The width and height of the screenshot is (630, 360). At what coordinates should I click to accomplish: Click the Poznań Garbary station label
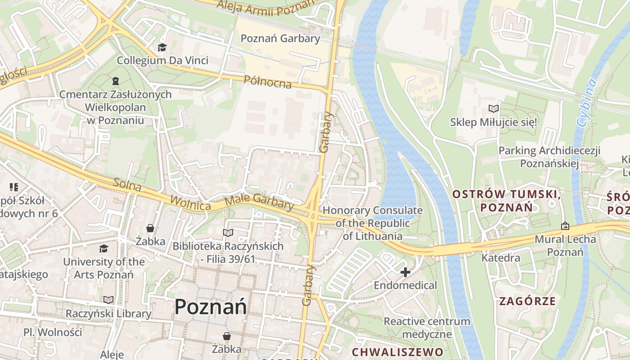280,38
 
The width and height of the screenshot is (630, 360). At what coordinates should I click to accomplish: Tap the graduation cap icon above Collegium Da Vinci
162,47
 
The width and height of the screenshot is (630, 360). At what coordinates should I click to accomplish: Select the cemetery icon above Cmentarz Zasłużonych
115,81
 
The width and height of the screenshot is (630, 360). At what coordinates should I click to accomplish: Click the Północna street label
267,82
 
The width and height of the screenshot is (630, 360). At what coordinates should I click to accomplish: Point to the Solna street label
127,185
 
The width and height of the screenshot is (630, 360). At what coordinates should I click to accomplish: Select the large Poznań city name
211,307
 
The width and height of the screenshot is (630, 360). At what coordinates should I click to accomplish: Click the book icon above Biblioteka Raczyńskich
228,233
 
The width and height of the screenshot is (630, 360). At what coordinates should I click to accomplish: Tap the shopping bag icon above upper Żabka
150,228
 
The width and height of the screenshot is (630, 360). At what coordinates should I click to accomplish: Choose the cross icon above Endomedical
405,272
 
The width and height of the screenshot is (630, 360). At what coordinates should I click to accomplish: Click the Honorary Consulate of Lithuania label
373,223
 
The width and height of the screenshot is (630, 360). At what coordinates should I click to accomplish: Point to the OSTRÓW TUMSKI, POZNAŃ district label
507,201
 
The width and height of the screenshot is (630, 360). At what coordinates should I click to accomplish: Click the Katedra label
501,258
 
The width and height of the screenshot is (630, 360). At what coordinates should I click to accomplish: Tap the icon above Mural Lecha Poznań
565,226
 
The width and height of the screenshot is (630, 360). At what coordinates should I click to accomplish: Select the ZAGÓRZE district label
527,301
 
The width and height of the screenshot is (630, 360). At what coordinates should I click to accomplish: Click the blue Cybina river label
587,103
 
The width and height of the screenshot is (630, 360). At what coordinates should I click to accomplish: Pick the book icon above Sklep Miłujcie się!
494,108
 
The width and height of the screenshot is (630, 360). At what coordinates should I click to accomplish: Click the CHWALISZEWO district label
397,351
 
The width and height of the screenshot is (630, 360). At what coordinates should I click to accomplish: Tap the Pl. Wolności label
53,332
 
